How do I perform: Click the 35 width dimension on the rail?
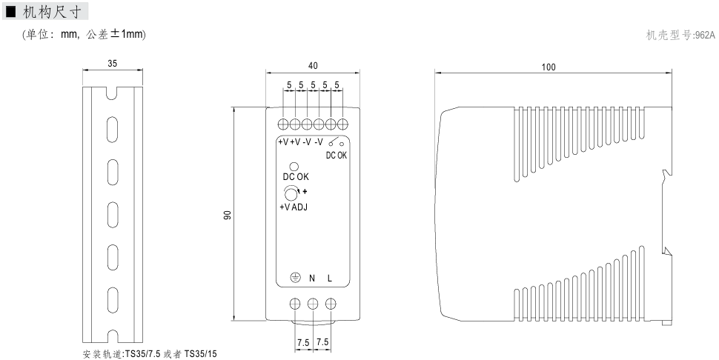click(x=112, y=64)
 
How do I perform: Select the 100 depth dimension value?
click(x=548, y=67)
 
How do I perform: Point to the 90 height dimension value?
click(x=228, y=215)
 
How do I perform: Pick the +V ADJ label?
click(x=293, y=207)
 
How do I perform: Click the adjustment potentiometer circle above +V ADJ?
click(x=291, y=194)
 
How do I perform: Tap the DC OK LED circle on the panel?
click(x=294, y=167)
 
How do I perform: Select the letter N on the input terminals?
click(x=312, y=279)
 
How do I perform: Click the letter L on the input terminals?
click(x=330, y=279)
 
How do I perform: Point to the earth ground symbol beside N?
click(x=294, y=279)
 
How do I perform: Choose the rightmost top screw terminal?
click(x=342, y=124)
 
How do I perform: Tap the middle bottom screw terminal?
click(x=313, y=304)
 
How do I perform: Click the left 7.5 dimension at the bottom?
click(x=303, y=342)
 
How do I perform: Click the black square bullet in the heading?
click(x=11, y=11)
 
